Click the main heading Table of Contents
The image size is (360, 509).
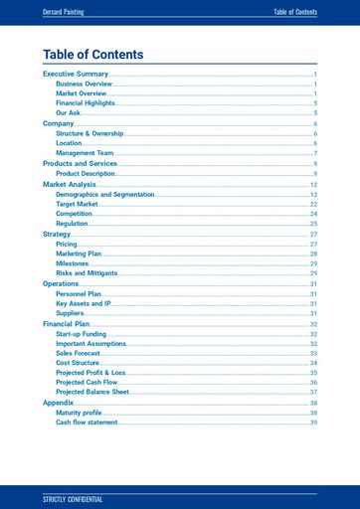coord(93,55)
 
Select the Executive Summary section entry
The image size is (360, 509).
coord(76,75)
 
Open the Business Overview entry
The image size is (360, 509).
coord(85,85)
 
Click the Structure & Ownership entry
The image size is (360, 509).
coord(90,133)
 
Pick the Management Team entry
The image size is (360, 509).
coord(85,153)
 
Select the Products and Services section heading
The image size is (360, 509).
coord(80,163)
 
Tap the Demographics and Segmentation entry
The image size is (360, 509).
coord(105,194)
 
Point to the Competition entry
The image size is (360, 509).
coord(75,214)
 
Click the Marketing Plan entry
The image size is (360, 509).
coord(79,254)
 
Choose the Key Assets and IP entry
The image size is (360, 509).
coord(84,303)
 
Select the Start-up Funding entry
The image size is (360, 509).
coord(82,334)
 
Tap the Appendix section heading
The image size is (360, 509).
coord(59,403)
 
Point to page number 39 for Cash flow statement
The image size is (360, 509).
coord(313,423)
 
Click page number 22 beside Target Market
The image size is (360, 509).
coord(313,204)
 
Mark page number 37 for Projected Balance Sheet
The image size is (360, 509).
coord(313,392)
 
